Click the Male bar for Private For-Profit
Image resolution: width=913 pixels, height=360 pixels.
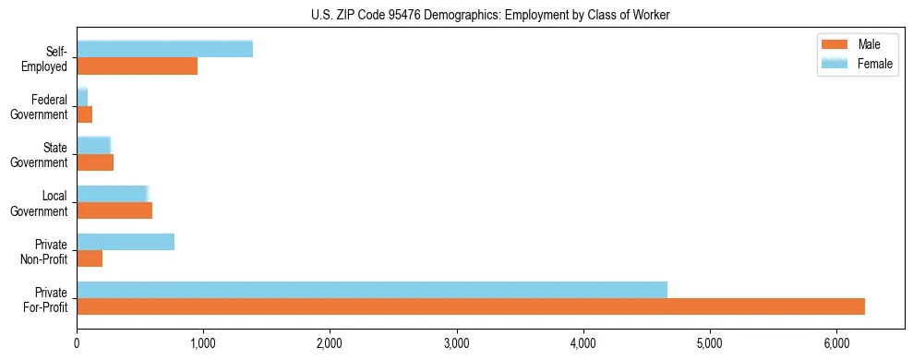pos(471,306)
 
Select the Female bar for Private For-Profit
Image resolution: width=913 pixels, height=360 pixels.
pos(372,290)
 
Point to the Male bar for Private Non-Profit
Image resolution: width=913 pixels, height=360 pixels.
pos(90,258)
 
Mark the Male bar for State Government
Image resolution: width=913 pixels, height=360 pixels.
pos(95,162)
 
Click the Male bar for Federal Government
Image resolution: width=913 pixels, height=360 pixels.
pos(85,114)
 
